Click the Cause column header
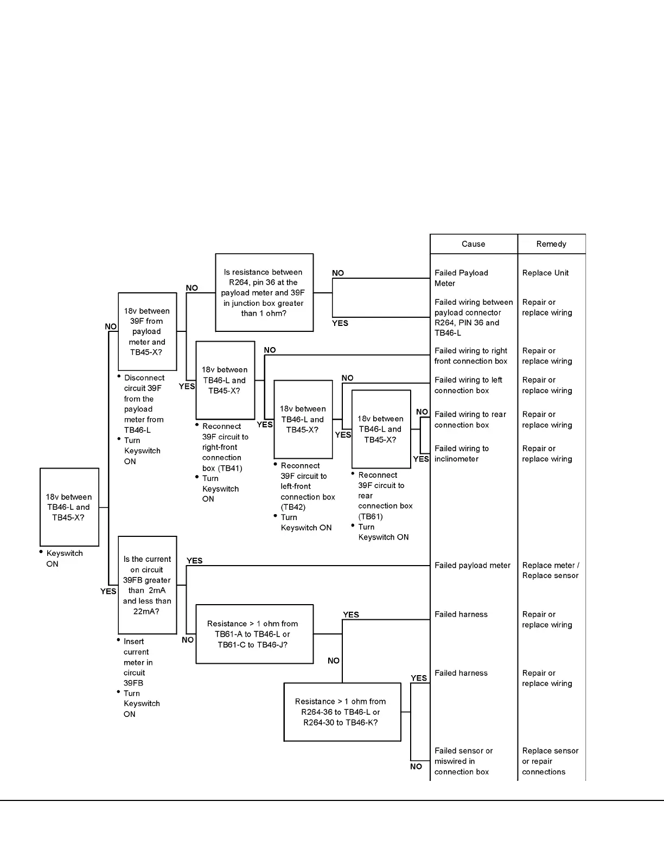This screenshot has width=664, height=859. pyautogui.click(x=473, y=244)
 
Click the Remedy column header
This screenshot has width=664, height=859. pyautogui.click(x=551, y=244)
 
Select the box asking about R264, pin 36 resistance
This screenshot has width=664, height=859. pyautogui.click(x=264, y=293)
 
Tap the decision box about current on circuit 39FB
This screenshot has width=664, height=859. pyautogui.click(x=147, y=585)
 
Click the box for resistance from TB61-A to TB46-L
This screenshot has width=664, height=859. pyautogui.click(x=254, y=634)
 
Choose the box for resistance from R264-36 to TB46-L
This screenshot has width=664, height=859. pyautogui.click(x=342, y=712)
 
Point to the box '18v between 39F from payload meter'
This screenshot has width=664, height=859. pyautogui.click(x=147, y=331)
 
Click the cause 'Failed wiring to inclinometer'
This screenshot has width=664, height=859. pyautogui.click(x=462, y=454)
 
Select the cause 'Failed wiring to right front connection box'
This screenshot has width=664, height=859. pyautogui.click(x=471, y=356)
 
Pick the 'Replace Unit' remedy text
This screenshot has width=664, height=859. pyautogui.click(x=545, y=273)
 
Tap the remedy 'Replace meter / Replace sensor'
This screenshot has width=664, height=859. pyautogui.click(x=551, y=570)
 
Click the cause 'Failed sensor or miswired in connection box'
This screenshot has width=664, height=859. pyautogui.click(x=463, y=761)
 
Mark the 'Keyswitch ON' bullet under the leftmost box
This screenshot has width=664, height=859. pyautogui.click(x=64, y=559)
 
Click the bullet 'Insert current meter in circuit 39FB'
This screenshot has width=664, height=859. pyautogui.click(x=138, y=662)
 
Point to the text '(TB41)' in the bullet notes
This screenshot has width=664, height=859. pyautogui.click(x=230, y=468)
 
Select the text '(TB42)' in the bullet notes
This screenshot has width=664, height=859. pyautogui.click(x=293, y=507)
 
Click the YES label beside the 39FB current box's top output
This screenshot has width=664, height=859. pyautogui.click(x=194, y=561)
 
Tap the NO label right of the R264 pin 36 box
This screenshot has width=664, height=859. pyautogui.click(x=338, y=273)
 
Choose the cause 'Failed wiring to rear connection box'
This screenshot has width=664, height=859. pyautogui.click(x=470, y=420)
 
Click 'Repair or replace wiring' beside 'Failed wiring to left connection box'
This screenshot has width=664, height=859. pyautogui.click(x=547, y=386)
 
